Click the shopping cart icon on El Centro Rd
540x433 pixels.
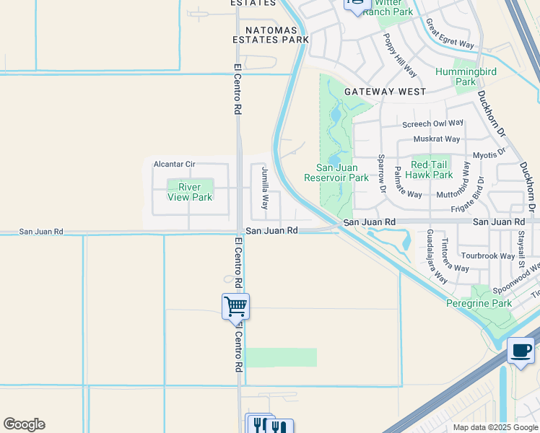coord(235,307)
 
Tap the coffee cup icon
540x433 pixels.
coord(521,351)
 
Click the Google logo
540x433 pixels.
coord(24,424)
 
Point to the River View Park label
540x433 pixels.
coord(190,192)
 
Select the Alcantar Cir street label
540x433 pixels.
coord(174,164)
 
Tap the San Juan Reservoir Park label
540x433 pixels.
coord(336,173)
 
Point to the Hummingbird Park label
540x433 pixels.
coord(466,76)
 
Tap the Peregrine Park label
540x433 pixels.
coord(479,303)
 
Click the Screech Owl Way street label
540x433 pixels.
coord(433,123)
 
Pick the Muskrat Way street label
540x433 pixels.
coord(436,139)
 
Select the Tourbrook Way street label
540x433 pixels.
coord(488,255)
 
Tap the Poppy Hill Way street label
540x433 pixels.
coord(399,55)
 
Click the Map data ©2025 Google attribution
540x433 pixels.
coord(495,427)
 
